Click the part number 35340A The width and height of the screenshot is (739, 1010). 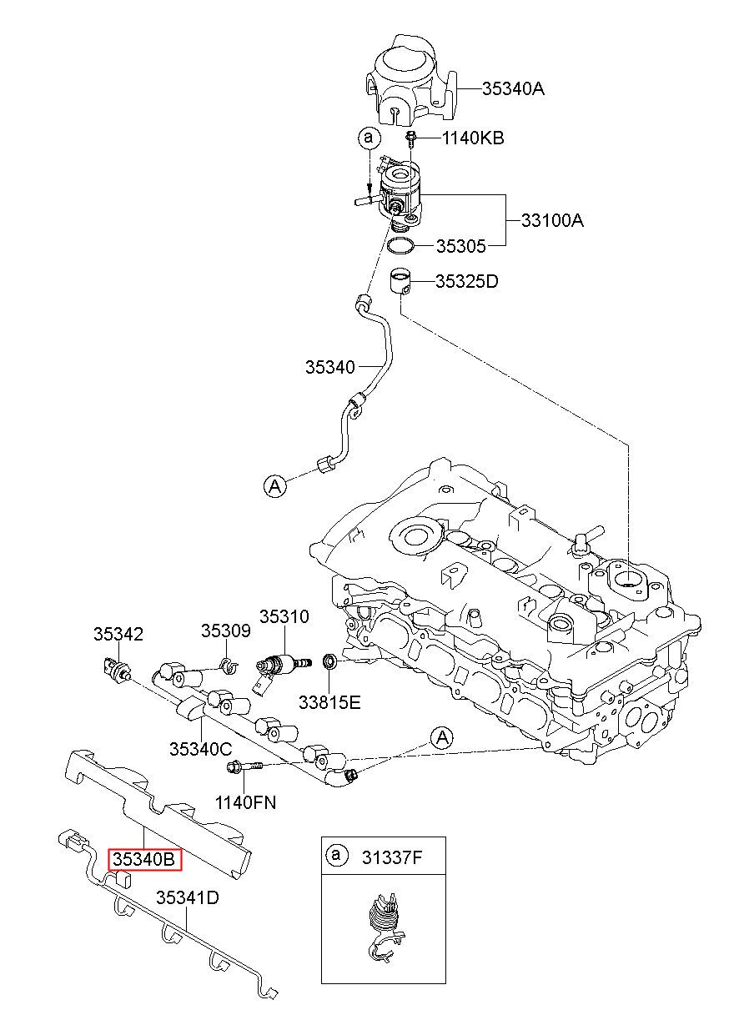coord(513,89)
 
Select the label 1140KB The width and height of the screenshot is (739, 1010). coord(472,138)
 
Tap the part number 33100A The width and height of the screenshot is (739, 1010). coord(552,220)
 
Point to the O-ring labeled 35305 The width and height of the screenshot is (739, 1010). coord(400,246)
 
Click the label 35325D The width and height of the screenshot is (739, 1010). coord(466,281)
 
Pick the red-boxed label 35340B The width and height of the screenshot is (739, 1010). coord(144,859)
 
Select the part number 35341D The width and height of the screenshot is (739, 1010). coord(188,897)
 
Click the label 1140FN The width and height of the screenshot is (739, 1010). coord(245,802)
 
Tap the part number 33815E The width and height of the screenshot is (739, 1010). coord(329,702)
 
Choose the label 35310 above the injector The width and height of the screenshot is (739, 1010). coord(284,616)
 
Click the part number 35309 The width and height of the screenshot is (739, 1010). coord(225,631)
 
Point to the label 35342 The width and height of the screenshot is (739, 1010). coord(118,634)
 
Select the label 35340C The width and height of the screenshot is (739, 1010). coord(201,749)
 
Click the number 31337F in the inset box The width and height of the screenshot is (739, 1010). coord(392,857)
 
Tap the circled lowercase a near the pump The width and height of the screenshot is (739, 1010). coord(369,137)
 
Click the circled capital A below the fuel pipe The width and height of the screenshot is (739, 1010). coord(274,485)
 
